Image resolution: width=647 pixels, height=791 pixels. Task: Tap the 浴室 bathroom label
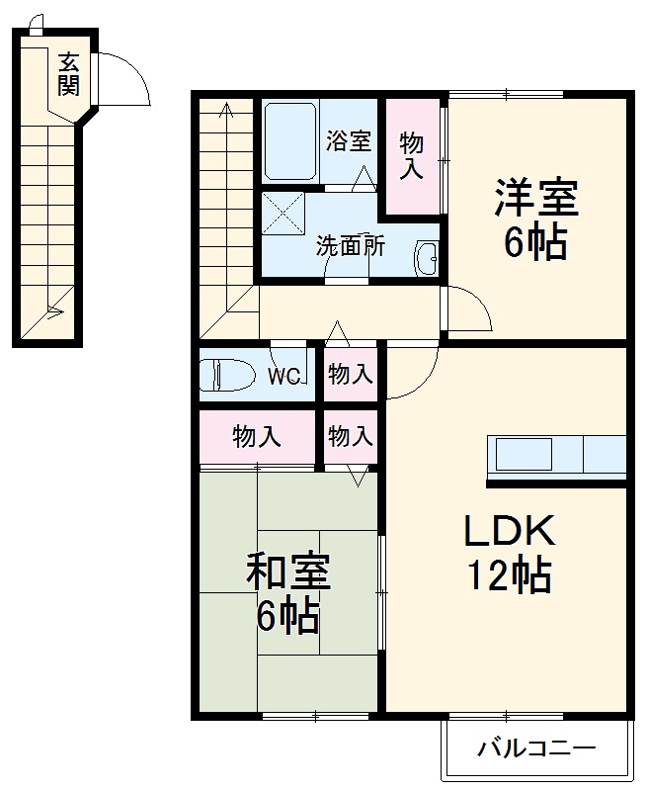[349, 140]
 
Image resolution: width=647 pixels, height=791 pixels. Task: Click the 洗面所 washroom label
[350, 246]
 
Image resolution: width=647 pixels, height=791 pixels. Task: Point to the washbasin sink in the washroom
[427, 259]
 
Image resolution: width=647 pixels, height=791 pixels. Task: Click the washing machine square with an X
[284, 213]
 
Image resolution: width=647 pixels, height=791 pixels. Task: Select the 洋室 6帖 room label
[535, 219]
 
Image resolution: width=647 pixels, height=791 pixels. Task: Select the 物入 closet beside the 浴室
[411, 155]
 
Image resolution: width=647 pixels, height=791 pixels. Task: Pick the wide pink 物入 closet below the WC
[256, 435]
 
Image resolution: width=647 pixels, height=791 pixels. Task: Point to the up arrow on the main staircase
[226, 111]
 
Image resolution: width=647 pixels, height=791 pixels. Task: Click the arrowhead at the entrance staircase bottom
[55, 315]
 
